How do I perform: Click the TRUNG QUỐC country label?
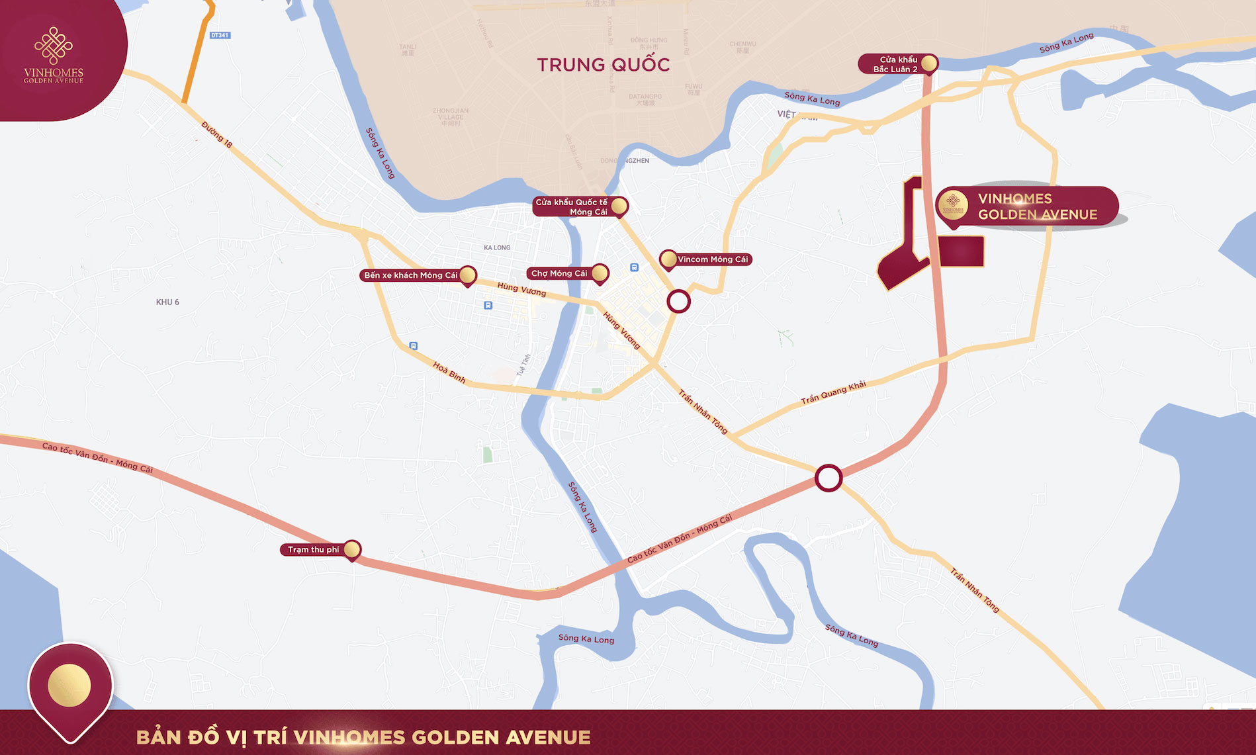pos(603,65)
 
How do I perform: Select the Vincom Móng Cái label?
pos(712,259)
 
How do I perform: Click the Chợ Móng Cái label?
pos(559,273)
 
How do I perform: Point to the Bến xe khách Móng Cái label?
pos(411,275)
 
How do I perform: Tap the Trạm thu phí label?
pos(313,550)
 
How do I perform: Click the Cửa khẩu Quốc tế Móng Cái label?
pos(572,207)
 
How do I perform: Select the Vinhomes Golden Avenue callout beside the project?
pos(1028,206)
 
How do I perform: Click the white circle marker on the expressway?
pos(828,478)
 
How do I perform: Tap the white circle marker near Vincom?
pos(678,302)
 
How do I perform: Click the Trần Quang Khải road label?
pos(833,392)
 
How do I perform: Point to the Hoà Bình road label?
pos(449,372)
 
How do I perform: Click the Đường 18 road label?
pos(217,134)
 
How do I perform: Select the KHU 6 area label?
pos(167,302)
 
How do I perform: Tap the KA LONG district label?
pos(497,247)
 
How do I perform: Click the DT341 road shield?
pos(220,35)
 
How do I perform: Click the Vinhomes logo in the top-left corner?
pos(54,56)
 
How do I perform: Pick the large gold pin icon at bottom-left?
pos(69,686)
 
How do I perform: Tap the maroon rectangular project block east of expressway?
pos(961,252)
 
